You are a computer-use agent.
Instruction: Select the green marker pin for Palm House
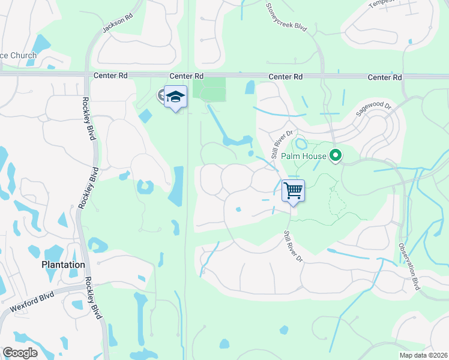click(336, 157)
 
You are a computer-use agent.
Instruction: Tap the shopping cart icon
click(293, 191)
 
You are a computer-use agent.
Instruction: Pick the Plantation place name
click(63, 265)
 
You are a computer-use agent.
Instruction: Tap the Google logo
click(20, 352)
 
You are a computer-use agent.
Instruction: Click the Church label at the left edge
click(19, 56)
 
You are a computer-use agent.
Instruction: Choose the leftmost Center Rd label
click(112, 76)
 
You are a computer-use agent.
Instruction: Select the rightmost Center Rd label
click(384, 77)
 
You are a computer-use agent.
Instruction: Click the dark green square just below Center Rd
click(209, 89)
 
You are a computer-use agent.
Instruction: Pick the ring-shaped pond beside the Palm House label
click(300, 145)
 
